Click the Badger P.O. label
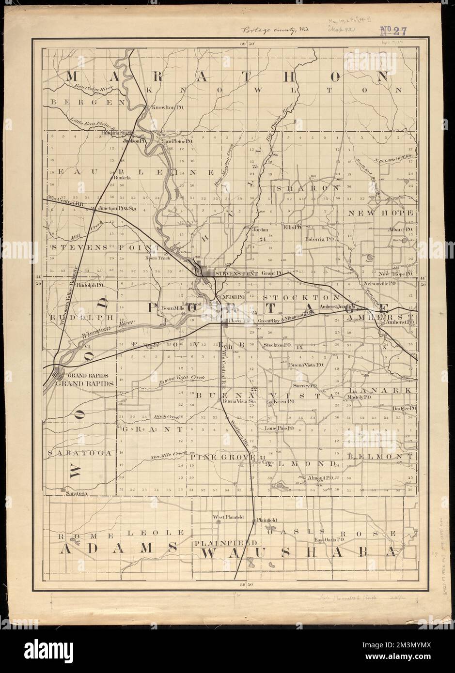point(405,409)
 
